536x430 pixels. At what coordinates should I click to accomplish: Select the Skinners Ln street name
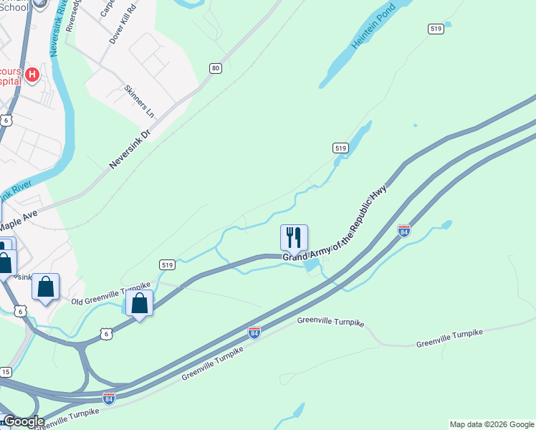point(139,101)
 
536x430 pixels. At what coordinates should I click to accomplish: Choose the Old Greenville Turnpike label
point(111,295)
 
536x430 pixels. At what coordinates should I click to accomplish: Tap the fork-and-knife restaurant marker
point(294,237)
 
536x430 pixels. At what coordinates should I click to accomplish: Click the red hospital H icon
point(32,75)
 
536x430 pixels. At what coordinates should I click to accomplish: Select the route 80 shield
point(215,68)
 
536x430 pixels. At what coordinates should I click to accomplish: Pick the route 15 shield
point(6,372)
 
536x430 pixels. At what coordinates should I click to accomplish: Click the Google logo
point(23,421)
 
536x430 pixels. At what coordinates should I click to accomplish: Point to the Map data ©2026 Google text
point(492,424)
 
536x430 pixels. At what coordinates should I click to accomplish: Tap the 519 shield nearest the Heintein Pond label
point(436,29)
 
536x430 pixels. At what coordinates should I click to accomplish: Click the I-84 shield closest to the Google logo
point(109,398)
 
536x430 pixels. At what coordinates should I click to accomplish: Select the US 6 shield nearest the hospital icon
point(6,120)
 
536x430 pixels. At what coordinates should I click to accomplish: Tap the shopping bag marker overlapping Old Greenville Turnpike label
point(139,303)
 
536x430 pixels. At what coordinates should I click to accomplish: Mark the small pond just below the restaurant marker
point(311,266)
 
